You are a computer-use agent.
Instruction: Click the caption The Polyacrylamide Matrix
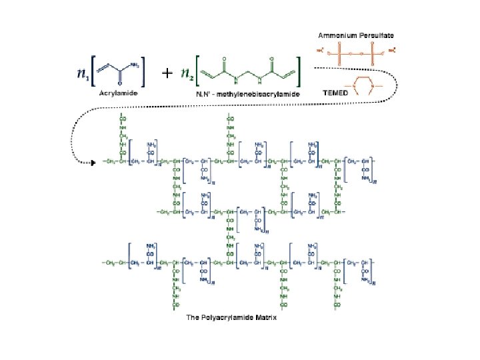[231, 317]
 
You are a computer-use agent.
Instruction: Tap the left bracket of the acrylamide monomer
[96, 71]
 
